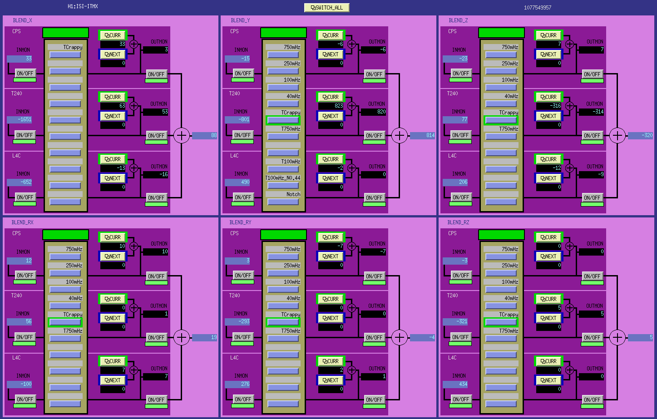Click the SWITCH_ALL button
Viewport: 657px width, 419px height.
[326, 8]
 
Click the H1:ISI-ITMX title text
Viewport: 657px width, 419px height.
[83, 6]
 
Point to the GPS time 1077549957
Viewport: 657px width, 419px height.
[537, 8]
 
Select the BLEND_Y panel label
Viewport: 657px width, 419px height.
[240, 20]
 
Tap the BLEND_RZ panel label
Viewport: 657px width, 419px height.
[458, 222]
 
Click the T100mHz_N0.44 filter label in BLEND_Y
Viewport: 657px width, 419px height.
[283, 177]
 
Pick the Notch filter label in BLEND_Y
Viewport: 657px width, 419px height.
[293, 194]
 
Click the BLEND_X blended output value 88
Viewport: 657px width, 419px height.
[204, 135]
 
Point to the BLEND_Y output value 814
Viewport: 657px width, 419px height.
[422, 135]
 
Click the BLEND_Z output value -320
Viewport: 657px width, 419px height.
[640, 135]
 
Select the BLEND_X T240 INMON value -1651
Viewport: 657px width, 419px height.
[20, 119]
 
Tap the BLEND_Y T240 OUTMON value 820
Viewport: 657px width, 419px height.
[373, 112]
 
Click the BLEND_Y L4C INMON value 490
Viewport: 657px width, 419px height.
[237, 182]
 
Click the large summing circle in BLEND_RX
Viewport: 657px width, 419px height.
[182, 337]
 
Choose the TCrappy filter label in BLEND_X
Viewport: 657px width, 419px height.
[73, 47]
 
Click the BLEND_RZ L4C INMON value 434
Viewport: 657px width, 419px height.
[455, 384]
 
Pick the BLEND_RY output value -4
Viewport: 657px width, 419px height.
[422, 337]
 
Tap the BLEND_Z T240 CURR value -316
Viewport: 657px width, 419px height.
[548, 106]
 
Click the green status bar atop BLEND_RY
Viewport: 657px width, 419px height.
[283, 235]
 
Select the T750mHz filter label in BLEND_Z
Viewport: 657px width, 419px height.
[508, 129]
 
